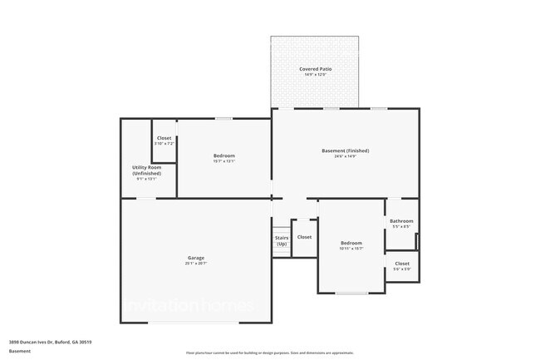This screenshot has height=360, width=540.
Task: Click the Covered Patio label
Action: point(314,68)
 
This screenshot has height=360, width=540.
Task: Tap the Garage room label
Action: point(195,258)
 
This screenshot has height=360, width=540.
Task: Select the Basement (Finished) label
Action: point(345,150)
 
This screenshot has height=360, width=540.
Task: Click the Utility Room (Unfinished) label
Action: point(146,170)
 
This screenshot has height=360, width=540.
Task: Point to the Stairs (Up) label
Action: point(282,240)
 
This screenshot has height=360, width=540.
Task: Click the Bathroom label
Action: point(401,221)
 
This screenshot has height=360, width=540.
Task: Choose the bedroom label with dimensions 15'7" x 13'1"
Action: point(224,156)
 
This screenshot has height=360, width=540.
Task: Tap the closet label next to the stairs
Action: point(304,237)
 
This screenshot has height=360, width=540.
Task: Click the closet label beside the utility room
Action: point(164,138)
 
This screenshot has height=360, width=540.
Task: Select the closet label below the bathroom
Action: point(401,264)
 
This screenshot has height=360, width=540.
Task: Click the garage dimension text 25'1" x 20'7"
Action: point(195,264)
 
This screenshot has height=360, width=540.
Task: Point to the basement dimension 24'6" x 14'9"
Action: point(345,156)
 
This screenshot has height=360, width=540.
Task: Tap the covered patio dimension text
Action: point(314,74)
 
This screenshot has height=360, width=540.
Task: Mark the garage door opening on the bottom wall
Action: point(195,323)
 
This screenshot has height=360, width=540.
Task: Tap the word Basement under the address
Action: point(20,351)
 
